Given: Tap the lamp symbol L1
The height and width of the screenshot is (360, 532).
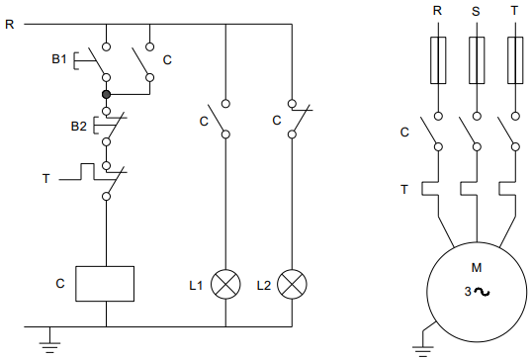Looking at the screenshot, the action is (225, 284).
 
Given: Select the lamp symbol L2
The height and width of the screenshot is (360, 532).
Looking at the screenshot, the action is (292, 284).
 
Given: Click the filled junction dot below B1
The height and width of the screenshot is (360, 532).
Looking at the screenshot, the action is (106, 94).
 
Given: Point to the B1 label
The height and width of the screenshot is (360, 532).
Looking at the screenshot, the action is (59, 59).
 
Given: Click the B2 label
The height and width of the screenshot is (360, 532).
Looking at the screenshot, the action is (79, 127).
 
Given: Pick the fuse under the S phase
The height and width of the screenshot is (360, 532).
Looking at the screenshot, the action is (477, 60).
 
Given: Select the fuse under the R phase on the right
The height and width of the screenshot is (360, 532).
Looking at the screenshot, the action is (438, 60).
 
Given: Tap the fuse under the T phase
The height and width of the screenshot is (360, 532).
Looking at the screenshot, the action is (515, 60).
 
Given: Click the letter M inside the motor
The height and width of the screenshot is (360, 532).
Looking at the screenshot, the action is (477, 268).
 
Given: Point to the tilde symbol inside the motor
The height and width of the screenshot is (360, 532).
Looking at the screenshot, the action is (482, 292).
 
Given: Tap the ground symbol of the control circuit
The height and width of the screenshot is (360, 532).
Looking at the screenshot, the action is (49, 347).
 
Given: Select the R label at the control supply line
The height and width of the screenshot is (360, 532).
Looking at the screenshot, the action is (10, 24).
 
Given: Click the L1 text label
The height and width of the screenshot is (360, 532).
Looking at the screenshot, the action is (196, 286).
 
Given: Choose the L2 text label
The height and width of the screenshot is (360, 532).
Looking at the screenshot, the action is (264, 286).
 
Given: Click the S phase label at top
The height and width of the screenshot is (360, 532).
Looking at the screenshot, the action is (476, 12).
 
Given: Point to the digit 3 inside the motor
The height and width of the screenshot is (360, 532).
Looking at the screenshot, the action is (468, 292).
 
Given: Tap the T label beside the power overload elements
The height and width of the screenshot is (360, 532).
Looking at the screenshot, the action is (404, 189).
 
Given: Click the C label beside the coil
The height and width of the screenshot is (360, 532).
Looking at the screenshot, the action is (60, 283).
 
